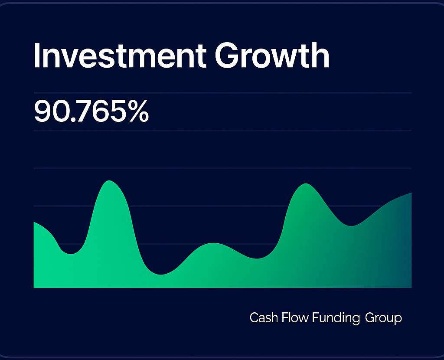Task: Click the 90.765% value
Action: (91, 111)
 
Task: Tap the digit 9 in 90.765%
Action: (42, 111)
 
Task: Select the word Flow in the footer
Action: (296, 318)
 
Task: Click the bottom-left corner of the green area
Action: (35, 286)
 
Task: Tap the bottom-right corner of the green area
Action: (410, 286)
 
